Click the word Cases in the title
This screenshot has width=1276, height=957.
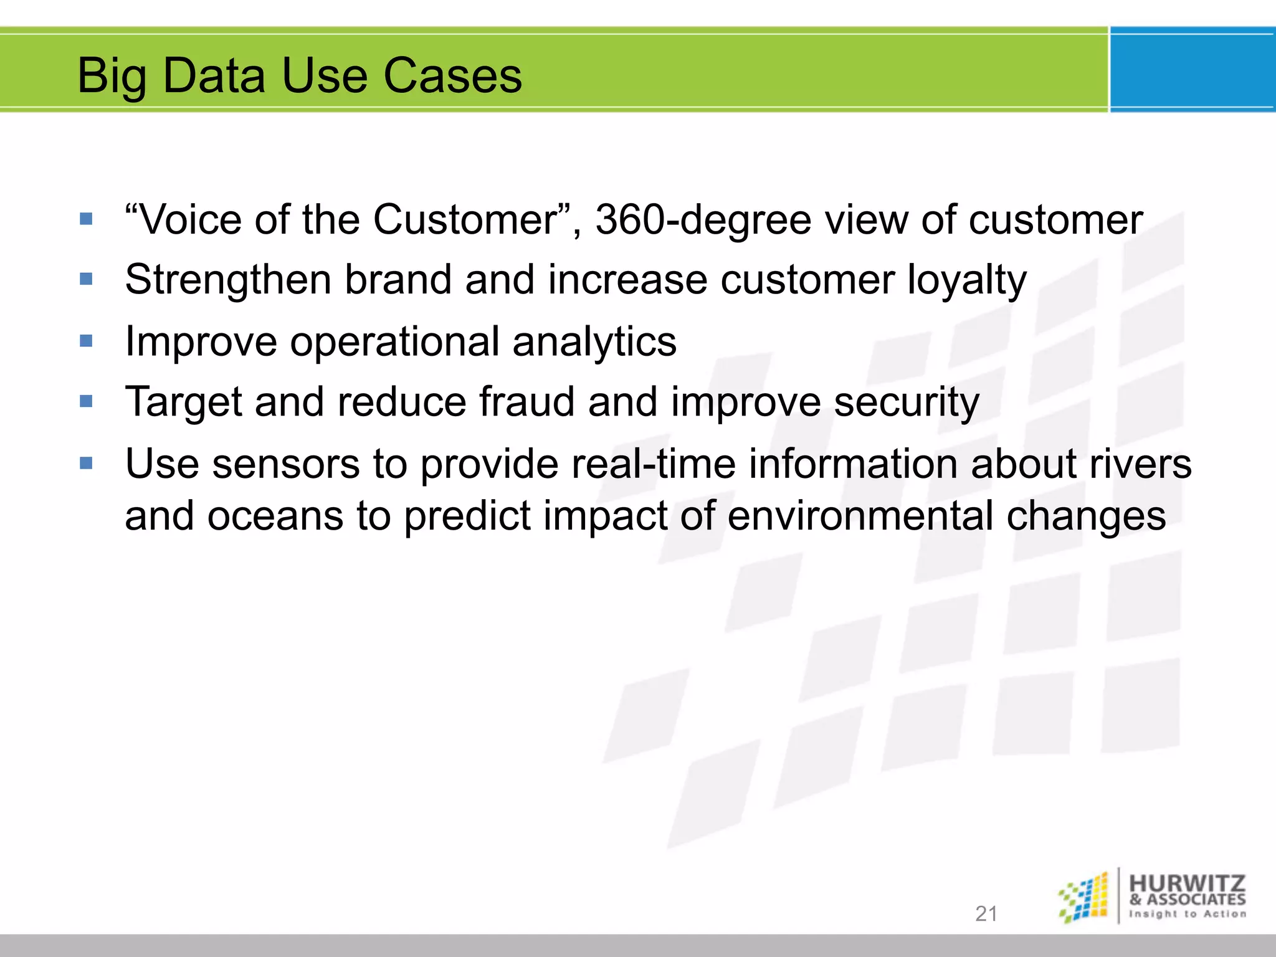click(x=452, y=76)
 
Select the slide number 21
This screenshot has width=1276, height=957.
click(x=986, y=913)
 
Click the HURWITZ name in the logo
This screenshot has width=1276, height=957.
click(x=1187, y=883)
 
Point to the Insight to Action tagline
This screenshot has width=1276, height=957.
click(x=1188, y=914)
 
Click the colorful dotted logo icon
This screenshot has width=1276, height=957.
click(x=1084, y=897)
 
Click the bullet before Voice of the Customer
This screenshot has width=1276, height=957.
click(x=86, y=219)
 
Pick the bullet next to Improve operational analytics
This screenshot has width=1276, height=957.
click(x=86, y=341)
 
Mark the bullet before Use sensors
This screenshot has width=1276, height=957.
click(x=86, y=463)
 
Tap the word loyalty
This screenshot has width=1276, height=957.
click(x=966, y=280)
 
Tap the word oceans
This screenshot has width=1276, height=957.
click(x=275, y=517)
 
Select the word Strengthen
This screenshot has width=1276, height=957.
click(x=227, y=280)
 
